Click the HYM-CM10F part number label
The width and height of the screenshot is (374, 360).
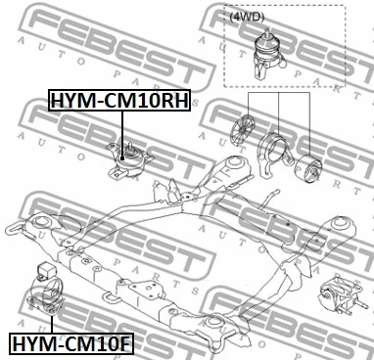[73, 343]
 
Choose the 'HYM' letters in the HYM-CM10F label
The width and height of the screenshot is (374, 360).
[34, 343]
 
